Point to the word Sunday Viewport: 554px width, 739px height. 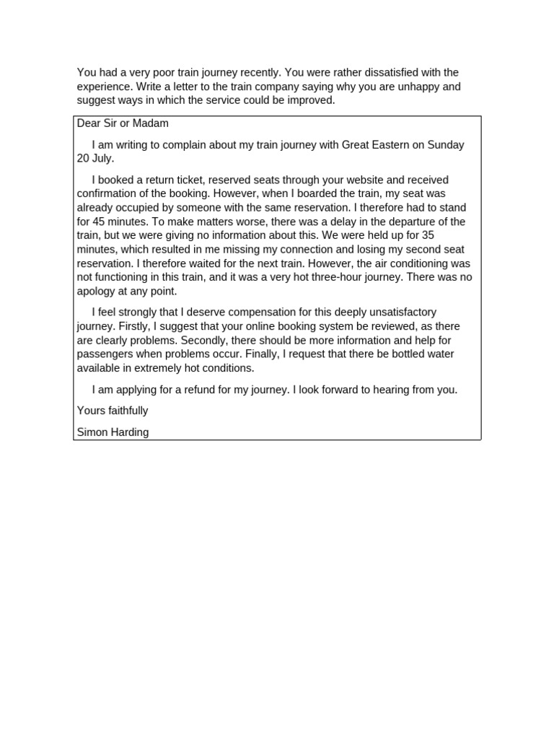446,144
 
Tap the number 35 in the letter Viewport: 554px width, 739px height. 428,235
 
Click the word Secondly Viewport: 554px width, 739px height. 204,340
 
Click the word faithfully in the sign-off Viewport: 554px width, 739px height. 126,411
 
